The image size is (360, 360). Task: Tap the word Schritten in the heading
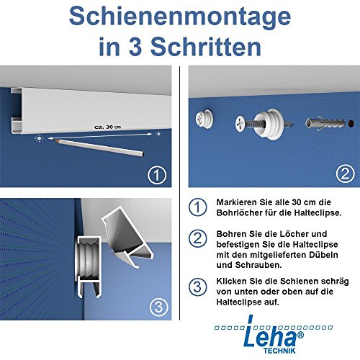point(202,48)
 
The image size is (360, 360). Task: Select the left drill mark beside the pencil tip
point(41,136)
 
